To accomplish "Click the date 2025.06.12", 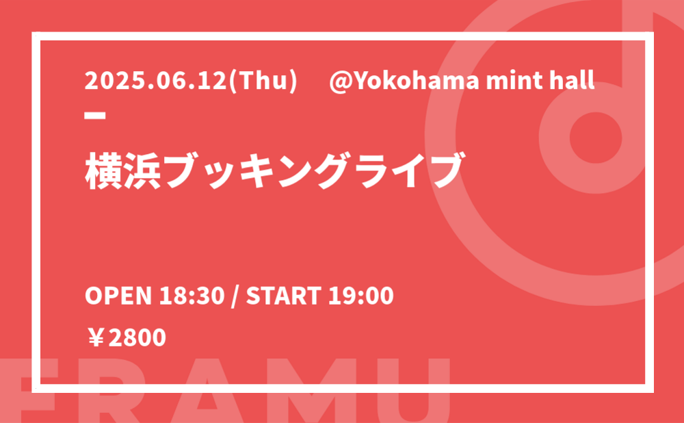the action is tap(156, 81).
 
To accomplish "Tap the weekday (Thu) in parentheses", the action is tap(263, 81).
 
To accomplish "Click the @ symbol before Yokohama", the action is tap(340, 81).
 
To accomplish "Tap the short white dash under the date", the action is tap(95, 115).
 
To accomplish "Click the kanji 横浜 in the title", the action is tap(123, 170).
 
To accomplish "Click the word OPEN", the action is tap(118, 296).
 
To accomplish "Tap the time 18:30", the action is tap(192, 296).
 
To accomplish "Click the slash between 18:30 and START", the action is tap(235, 296).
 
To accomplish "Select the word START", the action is tap(284, 296).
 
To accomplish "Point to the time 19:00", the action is tap(360, 296).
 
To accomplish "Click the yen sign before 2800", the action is tap(96, 338).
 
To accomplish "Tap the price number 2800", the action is tap(137, 338).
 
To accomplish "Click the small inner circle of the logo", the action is tap(596, 138).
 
